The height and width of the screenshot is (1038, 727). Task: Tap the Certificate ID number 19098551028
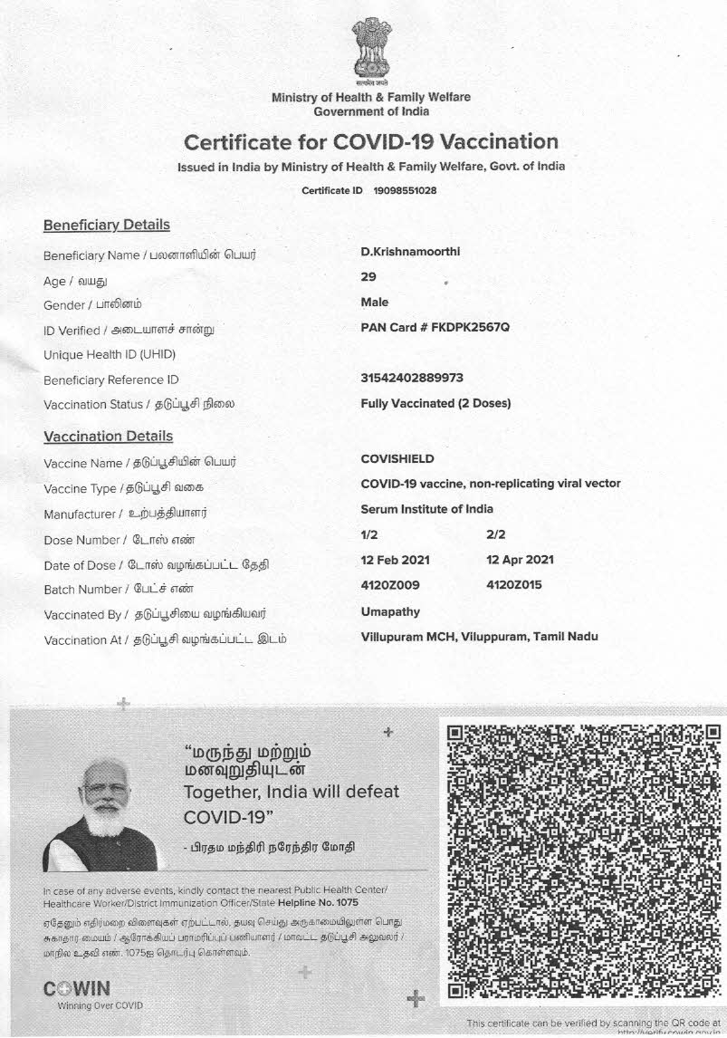(405, 191)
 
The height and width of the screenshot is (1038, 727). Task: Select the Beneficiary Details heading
(106, 225)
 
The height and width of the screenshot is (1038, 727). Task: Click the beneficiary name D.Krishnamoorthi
(410, 251)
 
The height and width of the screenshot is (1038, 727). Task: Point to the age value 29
(368, 277)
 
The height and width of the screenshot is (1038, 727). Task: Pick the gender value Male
(375, 302)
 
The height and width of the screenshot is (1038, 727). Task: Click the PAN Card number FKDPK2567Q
(435, 327)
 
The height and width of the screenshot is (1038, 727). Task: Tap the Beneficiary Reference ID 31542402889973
(412, 378)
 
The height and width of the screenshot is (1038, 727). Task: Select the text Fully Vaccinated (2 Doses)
(435, 403)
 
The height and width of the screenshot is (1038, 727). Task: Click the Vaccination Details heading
(108, 437)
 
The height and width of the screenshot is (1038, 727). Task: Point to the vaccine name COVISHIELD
(397, 459)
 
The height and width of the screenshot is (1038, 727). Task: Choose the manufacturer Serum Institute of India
(427, 509)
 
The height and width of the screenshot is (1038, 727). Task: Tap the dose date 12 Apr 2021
(521, 560)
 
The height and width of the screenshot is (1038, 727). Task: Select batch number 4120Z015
(514, 585)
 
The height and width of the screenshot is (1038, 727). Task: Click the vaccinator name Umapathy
(390, 612)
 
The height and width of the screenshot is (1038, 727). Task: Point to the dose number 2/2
(496, 535)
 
